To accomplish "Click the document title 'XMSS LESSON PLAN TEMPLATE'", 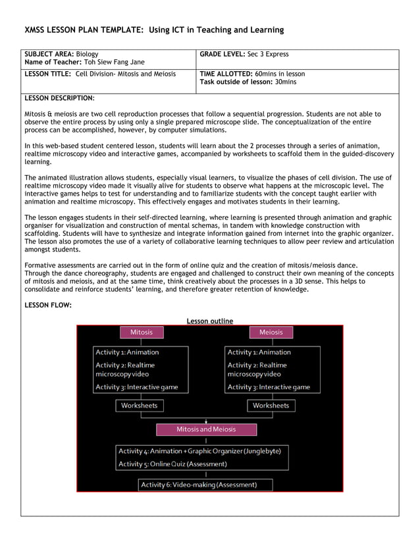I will coord(84,30).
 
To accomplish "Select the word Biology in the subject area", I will coord(87,54).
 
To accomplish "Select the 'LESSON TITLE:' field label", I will coord(48,74).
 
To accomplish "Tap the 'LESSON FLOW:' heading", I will coord(47,306).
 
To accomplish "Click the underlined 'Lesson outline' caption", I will coord(209,321).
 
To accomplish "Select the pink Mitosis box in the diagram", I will coord(142,333).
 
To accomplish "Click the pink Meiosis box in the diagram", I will coord(271,333).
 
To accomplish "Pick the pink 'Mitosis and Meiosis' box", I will coord(206,429).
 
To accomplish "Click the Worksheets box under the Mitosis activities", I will coord(139,406).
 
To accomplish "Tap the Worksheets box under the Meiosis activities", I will coord(271,406).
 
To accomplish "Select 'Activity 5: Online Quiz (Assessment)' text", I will coord(172,464).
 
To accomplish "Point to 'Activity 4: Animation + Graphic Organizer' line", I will coord(199,451).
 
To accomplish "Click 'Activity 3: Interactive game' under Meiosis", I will coord(269,387).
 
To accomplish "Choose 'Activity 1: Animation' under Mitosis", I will coord(127,352).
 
